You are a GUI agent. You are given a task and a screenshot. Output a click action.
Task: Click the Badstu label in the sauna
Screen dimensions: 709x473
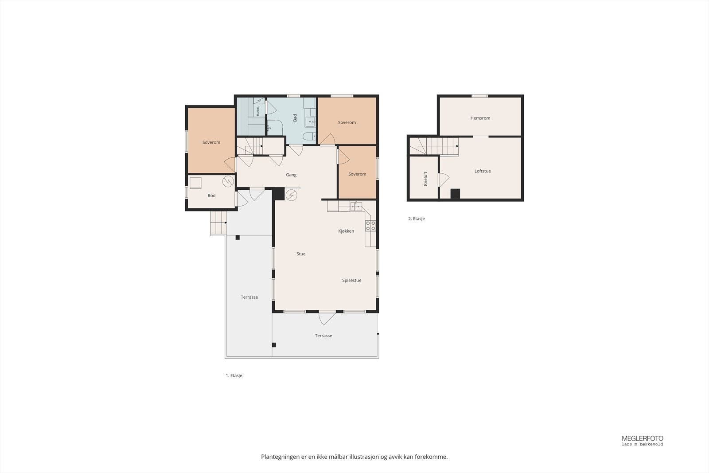258,110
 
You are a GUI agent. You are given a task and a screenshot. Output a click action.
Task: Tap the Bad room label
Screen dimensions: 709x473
295,118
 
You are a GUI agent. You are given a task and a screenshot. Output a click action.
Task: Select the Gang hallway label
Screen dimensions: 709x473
291,175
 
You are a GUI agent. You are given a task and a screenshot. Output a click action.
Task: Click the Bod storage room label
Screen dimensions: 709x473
211,195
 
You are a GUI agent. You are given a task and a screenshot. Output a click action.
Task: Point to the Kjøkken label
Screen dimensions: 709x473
346,231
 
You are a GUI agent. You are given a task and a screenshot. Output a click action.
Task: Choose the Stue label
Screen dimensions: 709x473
301,254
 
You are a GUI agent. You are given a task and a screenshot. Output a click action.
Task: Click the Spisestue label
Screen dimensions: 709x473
352,281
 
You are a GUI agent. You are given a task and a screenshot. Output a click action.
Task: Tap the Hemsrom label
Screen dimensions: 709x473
480,118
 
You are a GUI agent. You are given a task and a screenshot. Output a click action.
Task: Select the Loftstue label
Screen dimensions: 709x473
483,171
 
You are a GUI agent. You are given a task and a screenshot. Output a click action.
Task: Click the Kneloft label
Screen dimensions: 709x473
425,179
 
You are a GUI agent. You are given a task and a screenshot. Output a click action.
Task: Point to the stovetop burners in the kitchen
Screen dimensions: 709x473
370,226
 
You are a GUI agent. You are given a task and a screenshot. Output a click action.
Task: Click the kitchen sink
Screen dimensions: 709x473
356,207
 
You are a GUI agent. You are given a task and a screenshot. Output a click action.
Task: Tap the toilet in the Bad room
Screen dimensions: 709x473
309,137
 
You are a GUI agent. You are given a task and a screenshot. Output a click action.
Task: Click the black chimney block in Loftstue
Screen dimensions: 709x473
455,193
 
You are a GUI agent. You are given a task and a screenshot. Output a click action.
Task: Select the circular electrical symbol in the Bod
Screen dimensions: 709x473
228,181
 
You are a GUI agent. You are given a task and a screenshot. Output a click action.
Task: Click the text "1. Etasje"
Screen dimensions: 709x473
234,375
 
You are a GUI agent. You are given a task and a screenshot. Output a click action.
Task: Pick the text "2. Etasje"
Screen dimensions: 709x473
417,219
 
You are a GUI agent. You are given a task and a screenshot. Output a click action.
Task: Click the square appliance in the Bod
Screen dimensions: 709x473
195,183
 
